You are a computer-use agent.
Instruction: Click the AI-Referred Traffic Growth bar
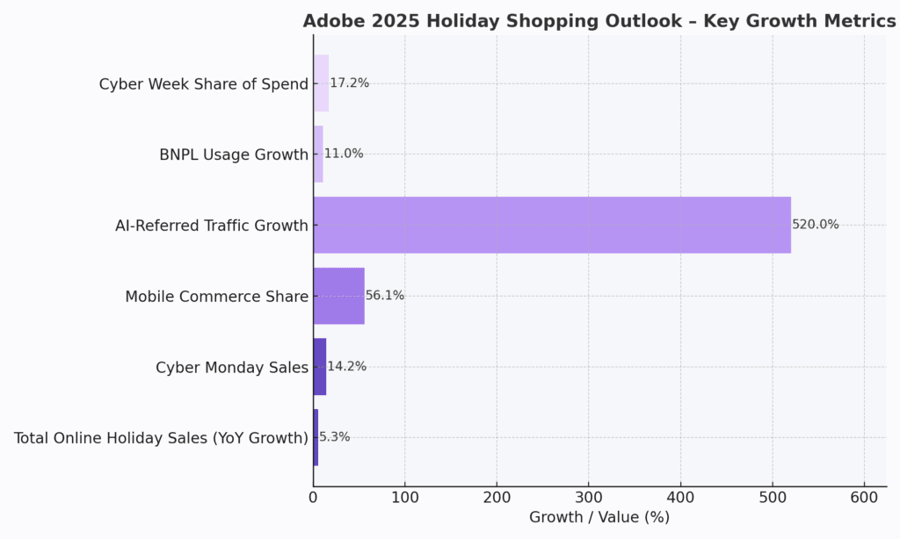pos(552,225)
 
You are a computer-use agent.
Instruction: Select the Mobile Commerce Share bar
pos(338,296)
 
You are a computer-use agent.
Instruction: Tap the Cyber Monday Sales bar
pos(320,367)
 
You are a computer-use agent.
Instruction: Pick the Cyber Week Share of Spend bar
pos(321,83)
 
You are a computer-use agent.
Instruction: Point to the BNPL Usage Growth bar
pos(318,154)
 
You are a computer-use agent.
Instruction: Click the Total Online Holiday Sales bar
pos(316,437)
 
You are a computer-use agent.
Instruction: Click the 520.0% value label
pos(816,225)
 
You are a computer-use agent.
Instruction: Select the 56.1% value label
pos(385,296)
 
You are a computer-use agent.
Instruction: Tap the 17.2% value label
pos(349,83)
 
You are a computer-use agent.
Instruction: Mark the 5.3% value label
pos(334,437)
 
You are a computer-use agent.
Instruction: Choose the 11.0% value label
pos(344,154)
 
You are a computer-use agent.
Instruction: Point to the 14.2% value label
pos(346,367)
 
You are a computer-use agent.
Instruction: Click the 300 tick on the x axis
pos(589,497)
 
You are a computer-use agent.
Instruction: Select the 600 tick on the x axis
pos(864,497)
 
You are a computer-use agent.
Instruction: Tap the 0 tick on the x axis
pos(314,497)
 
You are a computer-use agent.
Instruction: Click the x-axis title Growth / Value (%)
pos(599,518)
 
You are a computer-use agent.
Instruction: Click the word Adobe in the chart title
pos(331,21)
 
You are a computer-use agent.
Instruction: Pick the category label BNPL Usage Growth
pos(234,155)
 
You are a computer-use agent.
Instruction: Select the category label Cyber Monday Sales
pos(232,367)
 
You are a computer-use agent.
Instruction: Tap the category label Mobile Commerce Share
pos(216,297)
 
